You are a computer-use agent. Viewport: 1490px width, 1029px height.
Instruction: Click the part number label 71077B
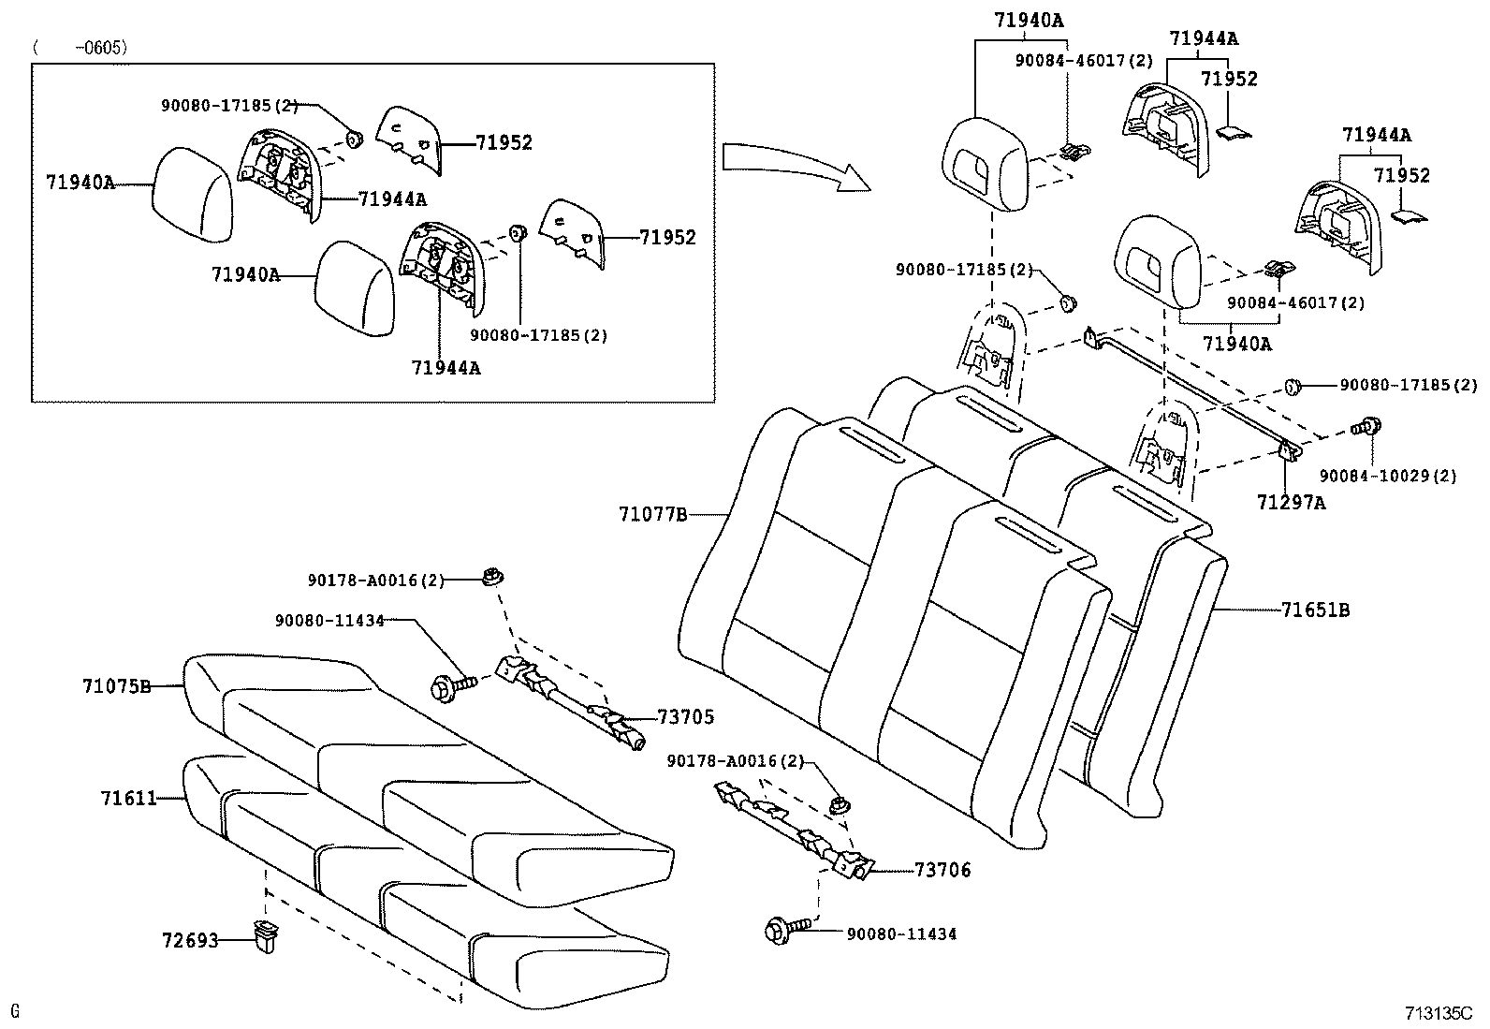coord(652,514)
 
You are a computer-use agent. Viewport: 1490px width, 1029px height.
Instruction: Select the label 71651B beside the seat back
coord(1315,610)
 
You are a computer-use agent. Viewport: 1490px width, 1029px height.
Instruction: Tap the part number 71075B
coord(116,686)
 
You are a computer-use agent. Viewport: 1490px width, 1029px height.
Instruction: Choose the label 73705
coord(685,717)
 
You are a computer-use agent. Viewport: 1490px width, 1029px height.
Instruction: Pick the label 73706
coord(942,870)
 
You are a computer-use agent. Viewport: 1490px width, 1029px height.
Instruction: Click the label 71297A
coord(1291,503)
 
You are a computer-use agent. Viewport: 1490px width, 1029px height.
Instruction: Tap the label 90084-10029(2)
coord(1388,476)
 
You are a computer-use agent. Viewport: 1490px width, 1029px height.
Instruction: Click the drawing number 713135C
coord(1438,1013)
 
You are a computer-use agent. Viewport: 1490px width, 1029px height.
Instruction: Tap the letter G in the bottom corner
coord(15,1010)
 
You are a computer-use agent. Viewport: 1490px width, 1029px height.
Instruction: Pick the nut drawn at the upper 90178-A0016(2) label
coord(490,577)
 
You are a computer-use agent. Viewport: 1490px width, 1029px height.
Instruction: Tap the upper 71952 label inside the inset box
coord(504,142)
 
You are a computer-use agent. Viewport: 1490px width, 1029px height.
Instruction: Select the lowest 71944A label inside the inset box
coord(446,368)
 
